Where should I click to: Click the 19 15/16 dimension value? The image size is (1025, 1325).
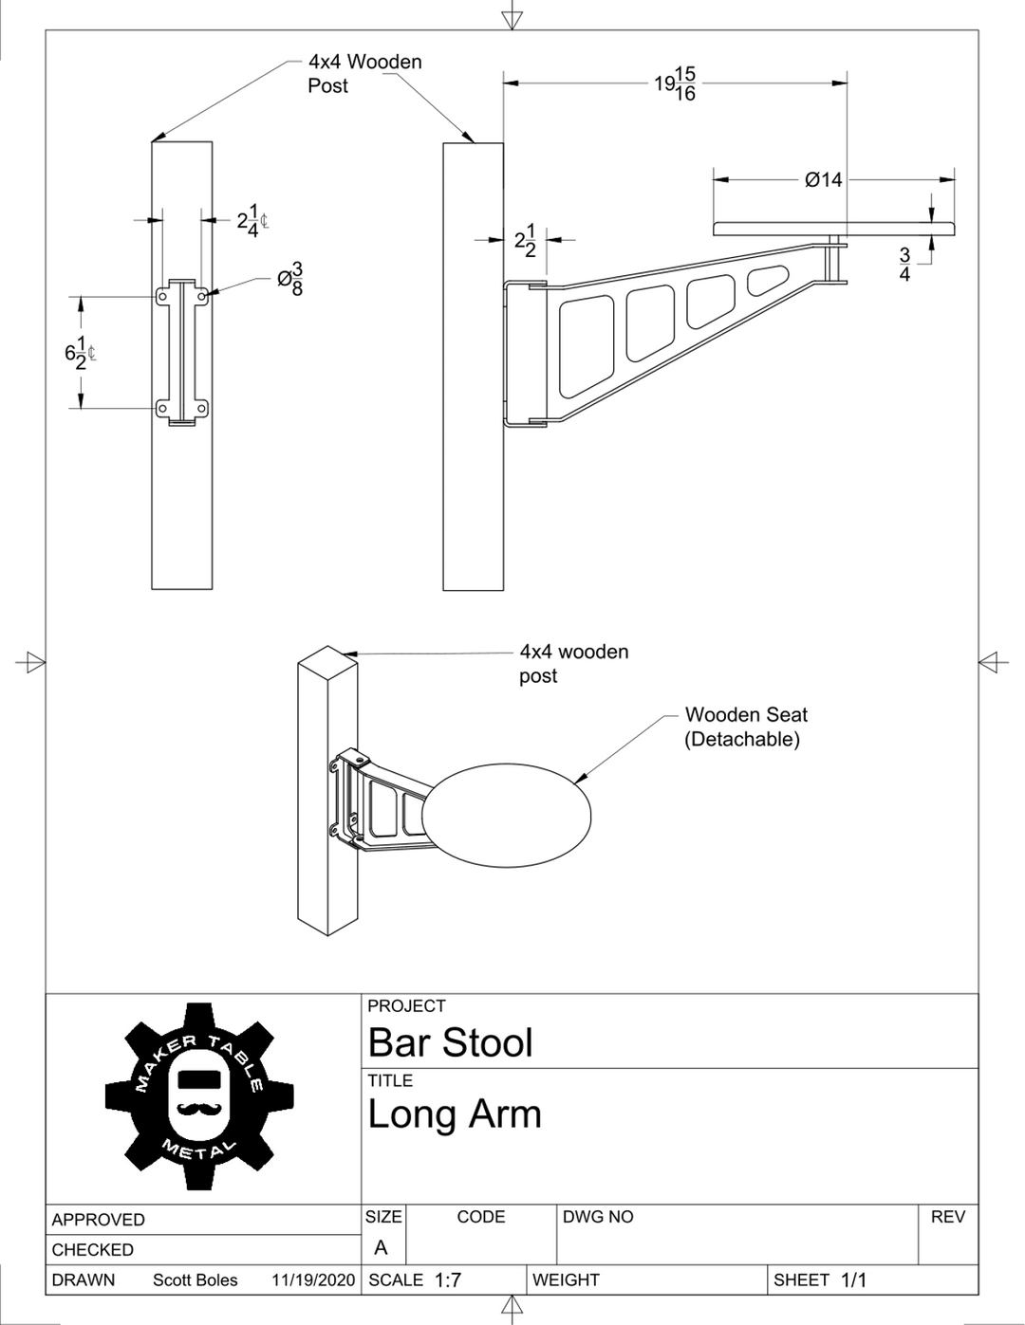[x=675, y=83]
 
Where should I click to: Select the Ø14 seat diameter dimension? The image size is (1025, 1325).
[x=823, y=180]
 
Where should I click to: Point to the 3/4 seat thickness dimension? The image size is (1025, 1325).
[x=904, y=264]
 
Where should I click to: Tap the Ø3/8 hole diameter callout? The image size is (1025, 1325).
[x=290, y=279]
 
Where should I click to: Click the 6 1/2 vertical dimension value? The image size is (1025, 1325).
[x=80, y=353]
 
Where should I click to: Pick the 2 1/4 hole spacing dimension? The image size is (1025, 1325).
[x=252, y=220]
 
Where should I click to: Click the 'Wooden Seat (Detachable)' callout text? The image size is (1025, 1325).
[x=746, y=727]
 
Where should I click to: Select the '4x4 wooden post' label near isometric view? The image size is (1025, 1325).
[x=573, y=663]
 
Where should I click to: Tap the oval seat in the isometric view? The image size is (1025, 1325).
[x=507, y=816]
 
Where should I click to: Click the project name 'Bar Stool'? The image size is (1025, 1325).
[x=450, y=1042]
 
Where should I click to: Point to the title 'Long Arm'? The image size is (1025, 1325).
[x=455, y=1114]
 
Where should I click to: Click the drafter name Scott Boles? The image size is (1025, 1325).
[x=195, y=1279]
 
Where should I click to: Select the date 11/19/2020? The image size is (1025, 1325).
[x=313, y=1279]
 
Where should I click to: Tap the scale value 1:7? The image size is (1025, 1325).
[x=448, y=1279]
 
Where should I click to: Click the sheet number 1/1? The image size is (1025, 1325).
[x=853, y=1279]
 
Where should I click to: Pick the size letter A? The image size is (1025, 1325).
[x=381, y=1247]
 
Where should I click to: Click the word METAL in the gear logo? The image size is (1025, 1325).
[x=199, y=1150]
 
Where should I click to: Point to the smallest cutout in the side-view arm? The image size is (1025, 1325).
[x=767, y=279]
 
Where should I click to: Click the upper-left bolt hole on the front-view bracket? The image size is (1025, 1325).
[x=162, y=296]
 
